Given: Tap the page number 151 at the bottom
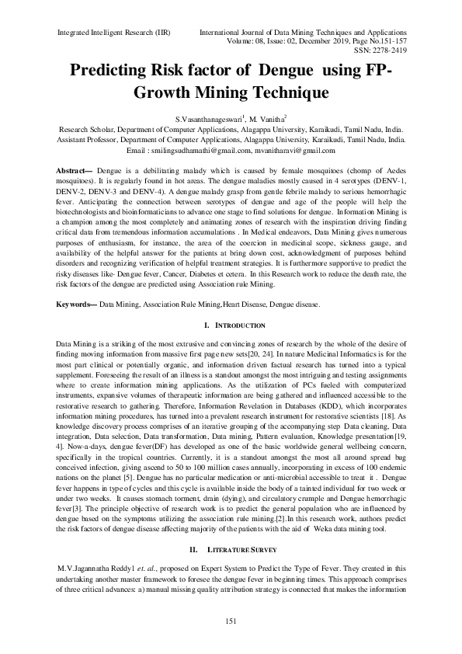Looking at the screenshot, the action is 231,621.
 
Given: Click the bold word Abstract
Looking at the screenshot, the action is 75,169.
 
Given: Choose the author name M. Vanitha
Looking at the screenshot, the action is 267,117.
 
